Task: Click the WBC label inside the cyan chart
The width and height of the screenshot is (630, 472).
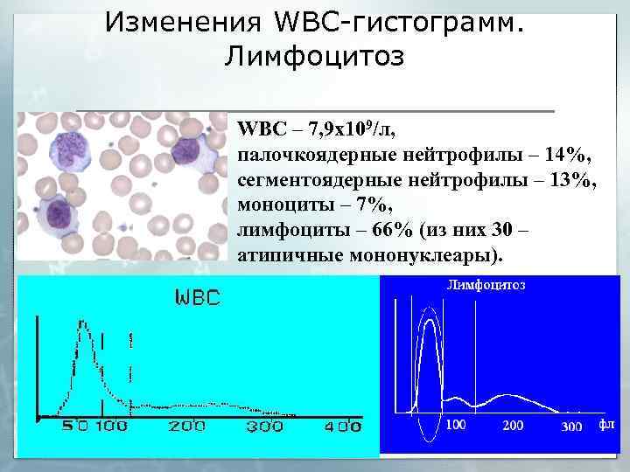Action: tap(199, 296)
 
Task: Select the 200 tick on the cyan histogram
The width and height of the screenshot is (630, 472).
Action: tap(187, 427)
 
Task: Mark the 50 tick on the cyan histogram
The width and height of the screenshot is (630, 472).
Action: tap(74, 427)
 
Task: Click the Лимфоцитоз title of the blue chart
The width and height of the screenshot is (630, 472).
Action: tap(486, 284)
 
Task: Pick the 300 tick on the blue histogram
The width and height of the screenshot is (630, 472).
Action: tap(570, 426)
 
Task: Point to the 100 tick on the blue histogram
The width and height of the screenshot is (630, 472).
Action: tap(456, 425)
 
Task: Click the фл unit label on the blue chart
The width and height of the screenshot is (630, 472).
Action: tap(606, 424)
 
